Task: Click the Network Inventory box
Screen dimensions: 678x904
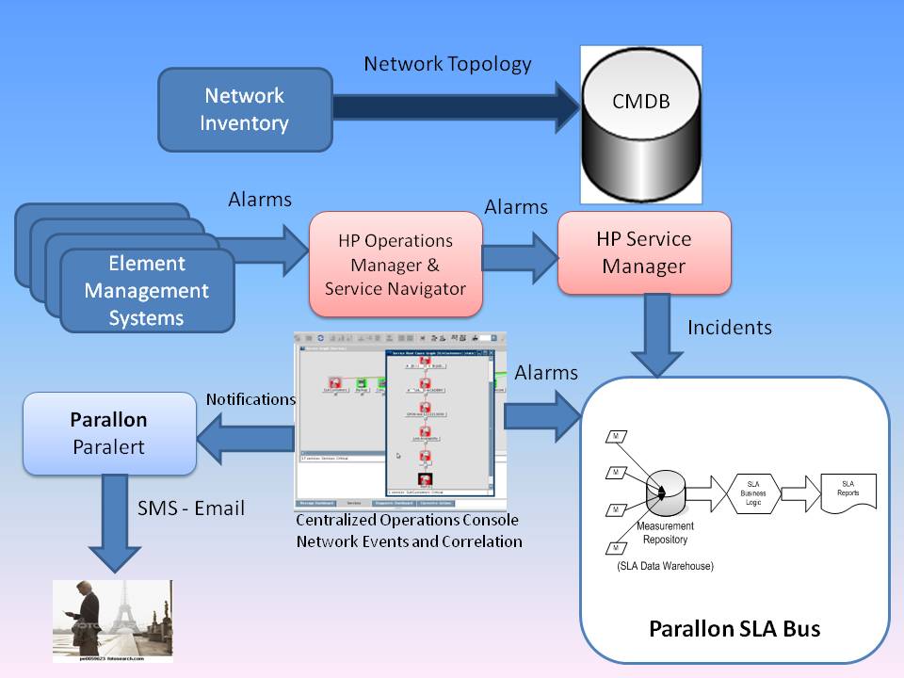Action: (245, 109)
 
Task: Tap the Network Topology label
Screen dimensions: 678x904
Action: (447, 64)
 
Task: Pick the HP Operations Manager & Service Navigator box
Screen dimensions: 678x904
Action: (395, 264)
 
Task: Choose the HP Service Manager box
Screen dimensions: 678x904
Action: (645, 251)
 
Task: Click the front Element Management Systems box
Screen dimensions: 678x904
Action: (147, 290)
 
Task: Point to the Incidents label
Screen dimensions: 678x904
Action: (730, 328)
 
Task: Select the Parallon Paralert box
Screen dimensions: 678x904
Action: (110, 432)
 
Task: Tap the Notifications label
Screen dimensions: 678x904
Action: (250, 399)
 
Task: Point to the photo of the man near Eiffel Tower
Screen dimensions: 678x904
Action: (112, 621)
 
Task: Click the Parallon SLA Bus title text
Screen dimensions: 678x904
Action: (734, 628)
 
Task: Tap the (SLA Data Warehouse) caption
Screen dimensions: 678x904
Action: (665, 566)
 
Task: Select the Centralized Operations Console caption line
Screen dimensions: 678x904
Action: (407, 520)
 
